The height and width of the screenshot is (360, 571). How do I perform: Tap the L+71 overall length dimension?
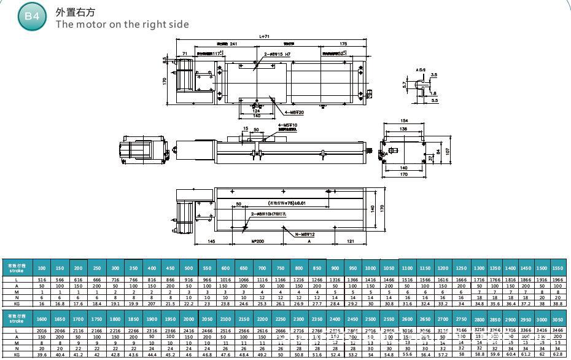(265, 37)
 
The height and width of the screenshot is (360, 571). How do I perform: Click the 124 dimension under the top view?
(256, 111)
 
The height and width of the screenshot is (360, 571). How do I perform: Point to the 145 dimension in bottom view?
(211, 242)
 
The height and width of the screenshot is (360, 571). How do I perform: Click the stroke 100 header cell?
(42, 268)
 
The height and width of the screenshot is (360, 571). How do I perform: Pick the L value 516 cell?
(42, 280)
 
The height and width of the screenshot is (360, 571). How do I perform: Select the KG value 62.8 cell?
(557, 354)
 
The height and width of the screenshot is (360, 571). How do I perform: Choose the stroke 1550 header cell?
(557, 268)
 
